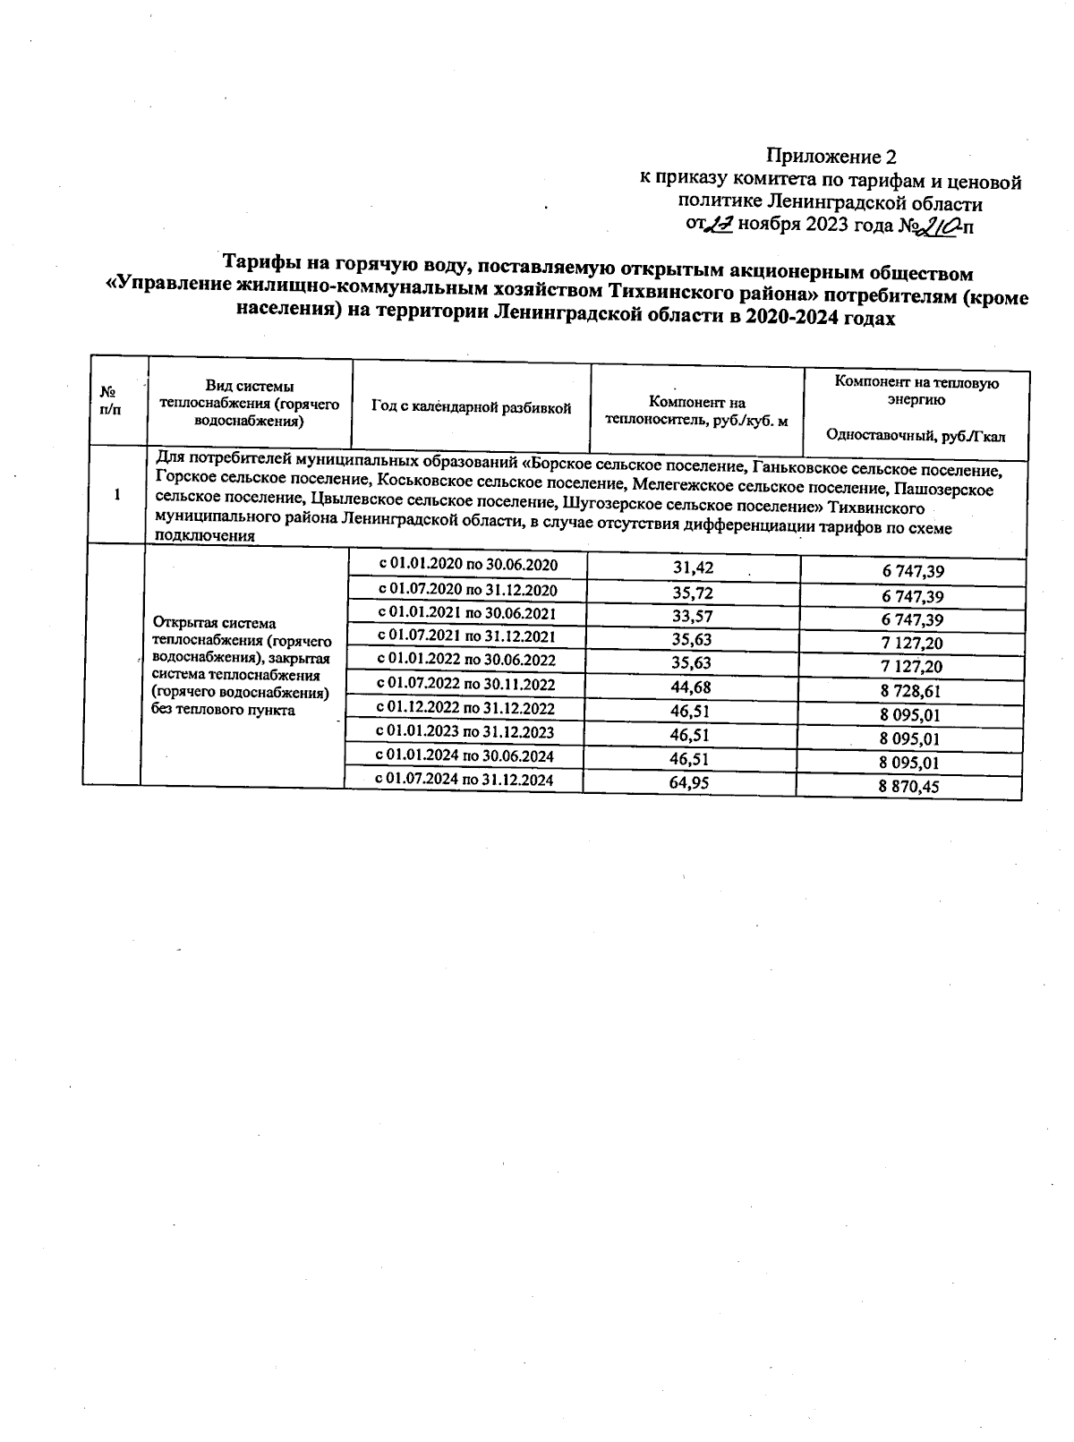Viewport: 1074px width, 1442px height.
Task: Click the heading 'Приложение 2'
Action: [831, 158]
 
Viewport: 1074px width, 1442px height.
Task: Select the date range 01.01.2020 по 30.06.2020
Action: [468, 565]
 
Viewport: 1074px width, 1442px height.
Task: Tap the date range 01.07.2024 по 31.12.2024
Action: [465, 781]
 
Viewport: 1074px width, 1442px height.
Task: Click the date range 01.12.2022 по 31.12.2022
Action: [465, 709]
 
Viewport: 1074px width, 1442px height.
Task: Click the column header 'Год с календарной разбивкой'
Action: [471, 408]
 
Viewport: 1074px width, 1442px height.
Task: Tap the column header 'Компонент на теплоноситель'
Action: [696, 412]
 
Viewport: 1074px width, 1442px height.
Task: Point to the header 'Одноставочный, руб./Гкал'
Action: [916, 437]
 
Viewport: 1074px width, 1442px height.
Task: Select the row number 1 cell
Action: [116, 496]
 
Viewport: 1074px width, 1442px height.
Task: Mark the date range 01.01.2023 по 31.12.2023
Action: [465, 732]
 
